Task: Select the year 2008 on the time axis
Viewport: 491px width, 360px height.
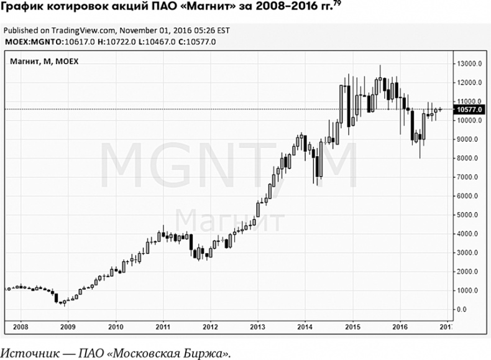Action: point(21,325)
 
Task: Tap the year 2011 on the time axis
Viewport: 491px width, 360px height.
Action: point(163,325)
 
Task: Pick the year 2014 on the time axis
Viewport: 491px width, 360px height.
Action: point(305,325)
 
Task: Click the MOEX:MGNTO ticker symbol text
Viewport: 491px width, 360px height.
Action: point(29,42)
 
